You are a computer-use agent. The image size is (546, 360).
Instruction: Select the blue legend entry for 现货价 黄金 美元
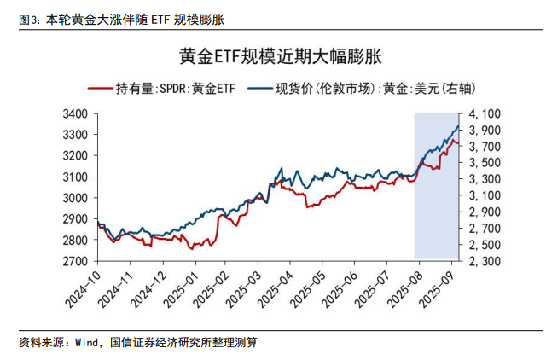click(373, 88)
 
